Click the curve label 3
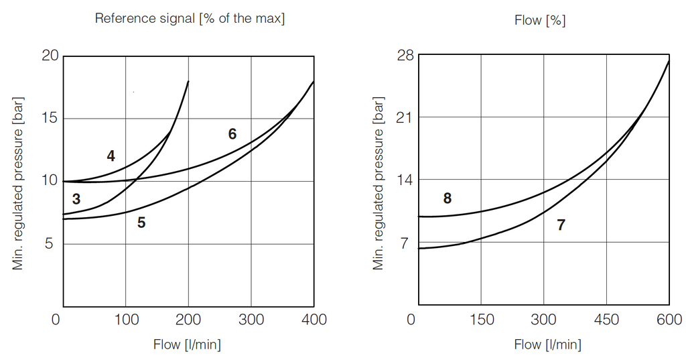coord(76,199)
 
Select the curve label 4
coord(111,156)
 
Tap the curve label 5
coord(141,223)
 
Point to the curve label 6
coord(232,134)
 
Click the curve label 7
coord(561,225)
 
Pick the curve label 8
coord(448,198)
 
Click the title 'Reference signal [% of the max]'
coord(190,18)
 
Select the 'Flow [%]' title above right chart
coord(539,20)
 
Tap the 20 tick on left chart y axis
coord(50,56)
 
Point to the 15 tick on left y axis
coord(50,119)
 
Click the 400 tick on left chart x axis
coord(314,320)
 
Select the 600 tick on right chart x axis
coord(669,320)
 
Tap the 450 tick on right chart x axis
coord(606,320)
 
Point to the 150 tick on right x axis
coord(481,320)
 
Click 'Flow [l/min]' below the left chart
coord(187,345)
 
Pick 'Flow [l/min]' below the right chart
coord(547,345)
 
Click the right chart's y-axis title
coord(379,182)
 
